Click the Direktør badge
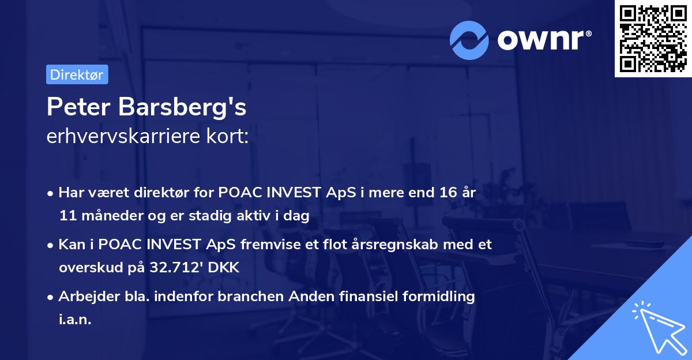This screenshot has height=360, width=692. coord(77,74)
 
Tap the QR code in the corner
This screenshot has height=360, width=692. coord(652,39)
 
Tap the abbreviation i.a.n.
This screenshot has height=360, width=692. coord(75,319)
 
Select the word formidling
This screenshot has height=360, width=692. coord(438,297)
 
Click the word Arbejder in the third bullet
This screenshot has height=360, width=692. coord(84,297)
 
